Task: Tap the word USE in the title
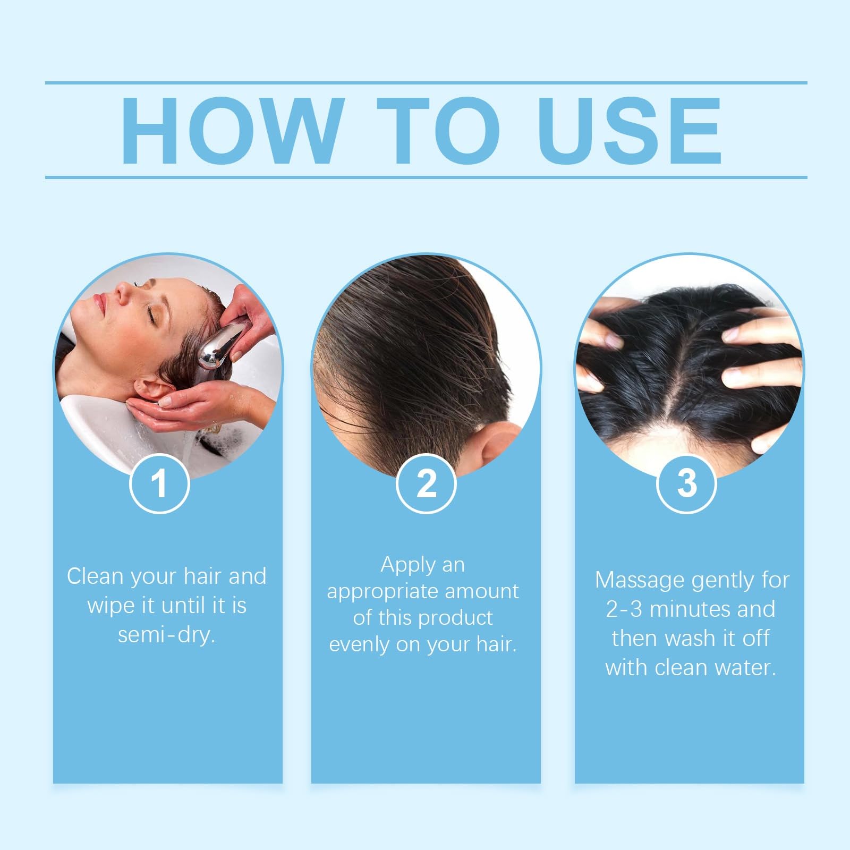(x=631, y=131)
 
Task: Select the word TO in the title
(x=439, y=131)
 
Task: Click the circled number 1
(x=159, y=483)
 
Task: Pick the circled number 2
(x=426, y=483)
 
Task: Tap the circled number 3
(x=687, y=483)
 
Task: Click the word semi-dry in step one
(x=167, y=635)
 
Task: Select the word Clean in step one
(x=95, y=576)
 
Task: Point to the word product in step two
(x=455, y=618)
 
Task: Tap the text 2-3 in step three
(x=624, y=609)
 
